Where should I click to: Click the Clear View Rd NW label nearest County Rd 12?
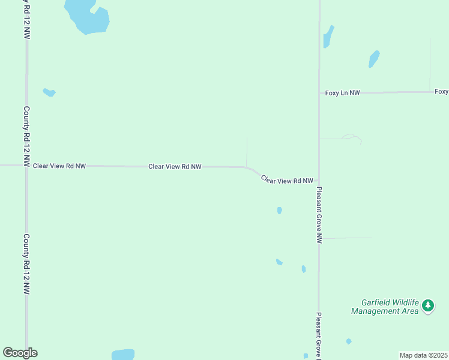(59, 166)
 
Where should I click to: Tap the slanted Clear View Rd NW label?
(287, 179)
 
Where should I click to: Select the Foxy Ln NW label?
(342, 93)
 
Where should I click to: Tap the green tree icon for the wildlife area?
(427, 306)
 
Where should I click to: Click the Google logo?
(20, 353)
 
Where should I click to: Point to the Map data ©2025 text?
(424, 355)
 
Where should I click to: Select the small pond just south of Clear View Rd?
(280, 210)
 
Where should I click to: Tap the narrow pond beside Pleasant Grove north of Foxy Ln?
(328, 37)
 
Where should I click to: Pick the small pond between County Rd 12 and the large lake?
(49, 92)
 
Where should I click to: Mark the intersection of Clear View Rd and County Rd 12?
(26, 165)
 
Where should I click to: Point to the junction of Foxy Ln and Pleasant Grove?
(319, 93)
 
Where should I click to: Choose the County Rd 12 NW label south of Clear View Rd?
(26, 263)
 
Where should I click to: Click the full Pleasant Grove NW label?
(319, 214)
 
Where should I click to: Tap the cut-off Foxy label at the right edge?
(442, 92)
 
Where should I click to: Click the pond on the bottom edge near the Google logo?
(123, 354)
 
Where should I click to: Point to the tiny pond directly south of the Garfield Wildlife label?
(349, 341)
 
